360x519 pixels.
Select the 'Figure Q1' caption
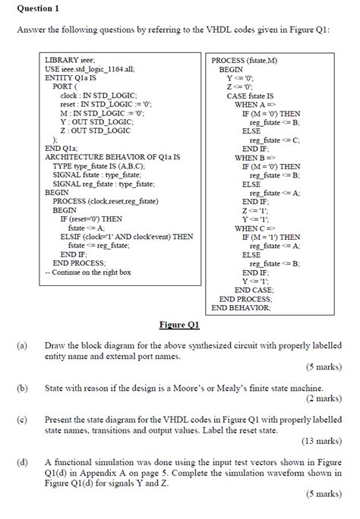pos(179,326)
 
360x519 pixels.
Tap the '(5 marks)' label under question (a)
pos(322,366)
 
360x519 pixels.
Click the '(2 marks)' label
pos(322,398)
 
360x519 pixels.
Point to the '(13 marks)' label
pos(320,441)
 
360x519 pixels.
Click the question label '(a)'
pos(22,345)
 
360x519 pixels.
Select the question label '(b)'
pos(22,388)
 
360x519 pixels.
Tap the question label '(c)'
pos(22,420)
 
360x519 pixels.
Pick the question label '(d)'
pos(22,462)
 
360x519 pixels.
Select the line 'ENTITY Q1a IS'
pos(71,77)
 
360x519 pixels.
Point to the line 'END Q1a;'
pos(61,148)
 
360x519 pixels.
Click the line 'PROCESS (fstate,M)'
pos(244,60)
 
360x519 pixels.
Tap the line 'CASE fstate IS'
pos(250,96)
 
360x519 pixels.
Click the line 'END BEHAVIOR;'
pos(241,308)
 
